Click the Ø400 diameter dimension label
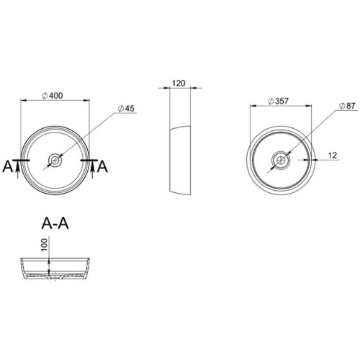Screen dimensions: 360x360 click(x=52, y=96)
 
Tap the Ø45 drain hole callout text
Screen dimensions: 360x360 click(x=126, y=109)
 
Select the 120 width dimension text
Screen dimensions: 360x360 click(x=179, y=84)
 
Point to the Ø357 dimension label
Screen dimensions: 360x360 click(x=278, y=102)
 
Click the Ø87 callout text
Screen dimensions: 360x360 click(x=347, y=106)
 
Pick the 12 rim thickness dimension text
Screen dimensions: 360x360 click(x=333, y=156)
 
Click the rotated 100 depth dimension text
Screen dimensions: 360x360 click(x=44, y=245)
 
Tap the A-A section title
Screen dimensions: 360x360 click(x=55, y=223)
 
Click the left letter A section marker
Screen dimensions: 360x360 click(x=8, y=166)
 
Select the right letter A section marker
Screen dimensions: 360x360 click(x=102, y=166)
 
